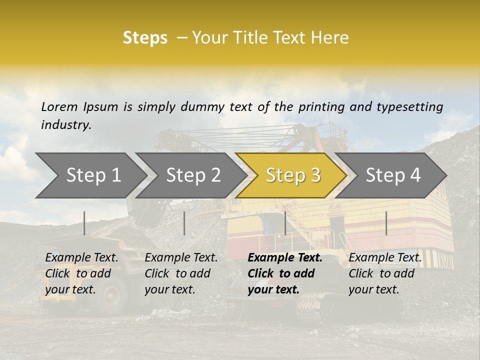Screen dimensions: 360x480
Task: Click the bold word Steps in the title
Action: tap(145, 38)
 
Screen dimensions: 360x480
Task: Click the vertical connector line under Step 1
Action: tap(84, 223)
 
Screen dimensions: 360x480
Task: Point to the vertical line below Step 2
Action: tap(184, 223)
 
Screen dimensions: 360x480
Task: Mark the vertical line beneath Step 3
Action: tap(285, 223)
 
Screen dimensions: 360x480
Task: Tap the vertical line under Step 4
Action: tap(386, 223)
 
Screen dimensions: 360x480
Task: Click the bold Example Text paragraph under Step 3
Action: tap(285, 273)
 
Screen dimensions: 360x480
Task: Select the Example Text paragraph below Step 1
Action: tap(81, 273)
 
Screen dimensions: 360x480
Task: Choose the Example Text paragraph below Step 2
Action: tap(181, 273)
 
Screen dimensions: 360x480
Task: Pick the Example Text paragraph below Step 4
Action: tap(385, 273)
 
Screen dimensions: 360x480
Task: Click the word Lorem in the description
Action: tap(59, 106)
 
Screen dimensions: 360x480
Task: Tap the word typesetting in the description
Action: tap(409, 107)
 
